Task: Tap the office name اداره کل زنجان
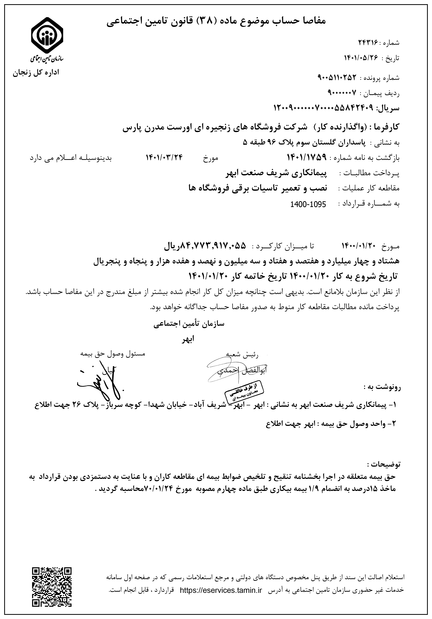36,73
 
